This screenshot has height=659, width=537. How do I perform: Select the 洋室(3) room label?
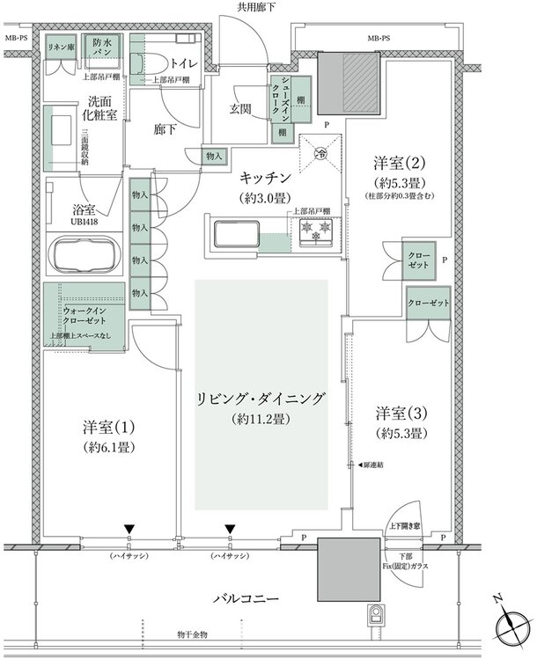pos(401,413)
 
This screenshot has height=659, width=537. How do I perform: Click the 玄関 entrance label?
pos(241,108)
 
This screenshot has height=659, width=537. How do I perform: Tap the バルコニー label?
pos(246,598)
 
